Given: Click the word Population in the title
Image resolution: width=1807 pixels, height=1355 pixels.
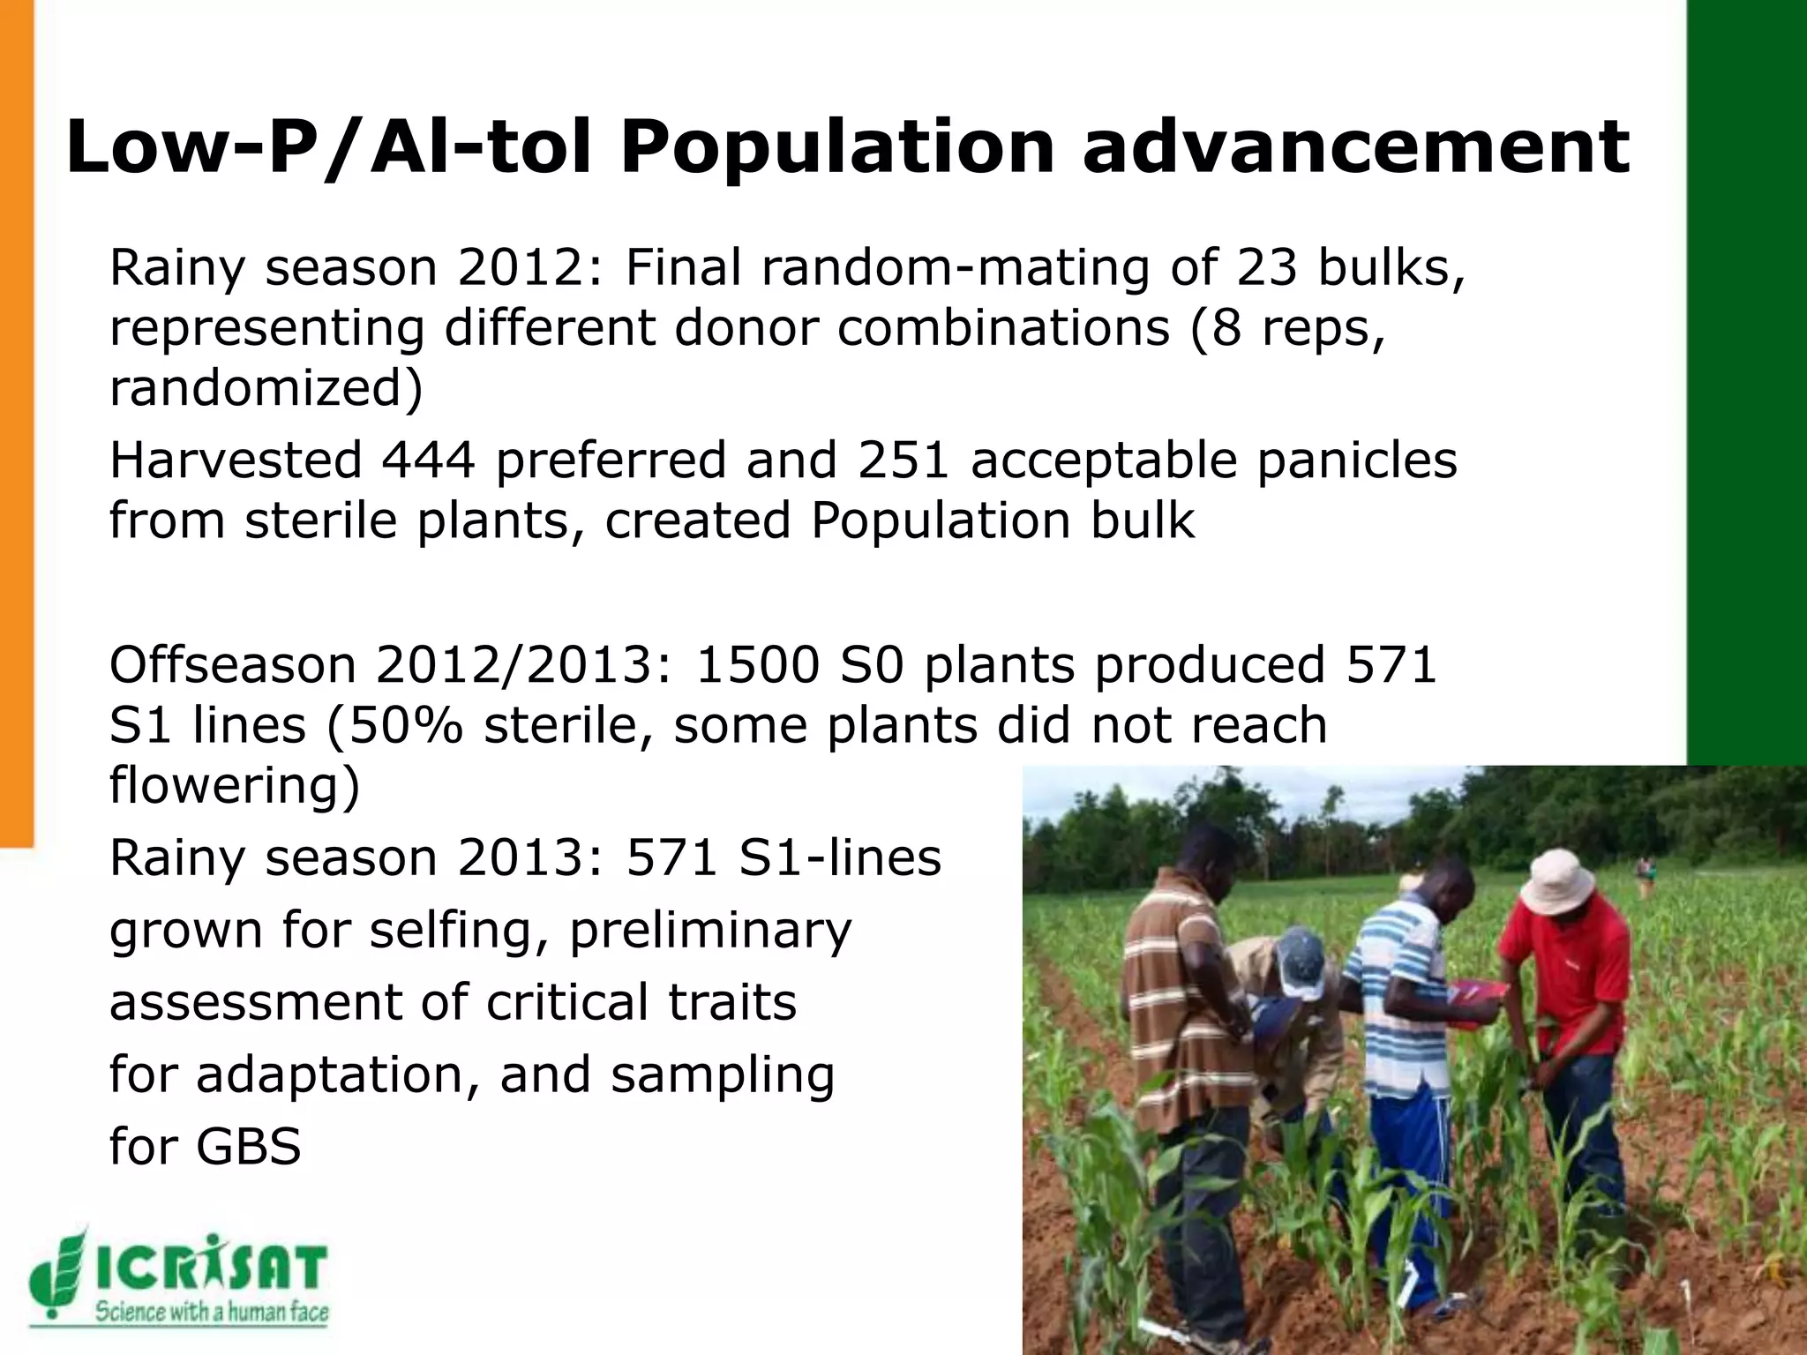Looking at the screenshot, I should (836, 148).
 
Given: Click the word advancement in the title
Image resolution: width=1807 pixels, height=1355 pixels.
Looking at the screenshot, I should (1355, 148).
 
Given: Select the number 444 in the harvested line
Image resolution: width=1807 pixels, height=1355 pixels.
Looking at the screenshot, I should (428, 460).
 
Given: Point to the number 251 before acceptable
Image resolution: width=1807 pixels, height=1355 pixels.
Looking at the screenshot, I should (903, 460).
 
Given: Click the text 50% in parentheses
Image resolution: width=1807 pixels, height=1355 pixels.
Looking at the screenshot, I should (407, 726).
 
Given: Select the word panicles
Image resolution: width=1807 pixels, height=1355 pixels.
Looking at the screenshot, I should (1357, 460).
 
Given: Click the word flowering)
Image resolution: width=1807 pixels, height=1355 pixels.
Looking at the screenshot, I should (235, 785).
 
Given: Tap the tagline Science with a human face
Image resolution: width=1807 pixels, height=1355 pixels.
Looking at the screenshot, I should (212, 1313).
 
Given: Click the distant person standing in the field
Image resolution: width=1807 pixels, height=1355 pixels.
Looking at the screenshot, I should (1645, 873).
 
